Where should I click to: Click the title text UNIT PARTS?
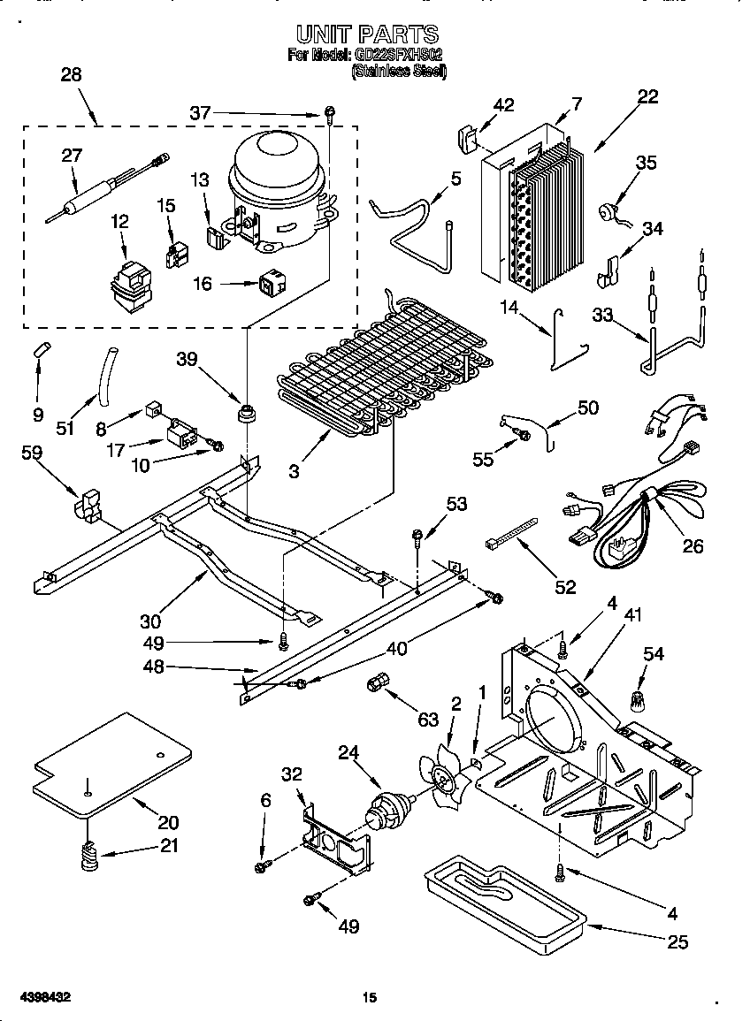tap(366, 34)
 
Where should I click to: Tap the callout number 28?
tap(71, 75)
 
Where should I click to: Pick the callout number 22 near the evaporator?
tap(647, 97)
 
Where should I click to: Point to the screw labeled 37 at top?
tap(329, 111)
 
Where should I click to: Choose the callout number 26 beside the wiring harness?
tap(693, 546)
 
